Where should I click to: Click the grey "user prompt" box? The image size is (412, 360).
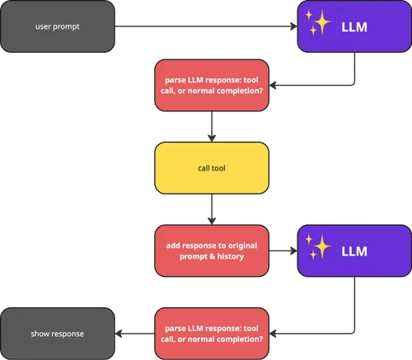[58, 26]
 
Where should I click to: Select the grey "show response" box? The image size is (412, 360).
[58, 334]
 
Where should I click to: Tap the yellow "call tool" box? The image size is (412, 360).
[212, 168]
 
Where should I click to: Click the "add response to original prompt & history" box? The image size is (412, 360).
[212, 250]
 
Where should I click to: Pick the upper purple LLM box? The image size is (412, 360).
[354, 26]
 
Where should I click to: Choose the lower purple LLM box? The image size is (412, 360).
[354, 250]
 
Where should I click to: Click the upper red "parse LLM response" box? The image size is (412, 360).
[212, 85]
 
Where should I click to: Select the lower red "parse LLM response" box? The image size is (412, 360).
[212, 334]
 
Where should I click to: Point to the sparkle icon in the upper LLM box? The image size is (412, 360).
[318, 22]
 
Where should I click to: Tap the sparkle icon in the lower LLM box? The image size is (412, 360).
[318, 247]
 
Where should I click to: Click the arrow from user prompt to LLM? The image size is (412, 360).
[206, 26]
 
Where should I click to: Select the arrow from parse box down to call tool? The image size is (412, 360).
[212, 127]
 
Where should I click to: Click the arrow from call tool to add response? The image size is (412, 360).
[212, 209]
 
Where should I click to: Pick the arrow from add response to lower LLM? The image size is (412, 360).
[283, 250]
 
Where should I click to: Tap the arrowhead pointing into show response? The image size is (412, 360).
[118, 334]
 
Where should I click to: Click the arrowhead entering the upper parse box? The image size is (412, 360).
[273, 85]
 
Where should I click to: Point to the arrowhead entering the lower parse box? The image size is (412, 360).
[273, 334]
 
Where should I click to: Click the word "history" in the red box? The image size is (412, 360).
[231, 256]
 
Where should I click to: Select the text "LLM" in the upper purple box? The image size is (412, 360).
[354, 27]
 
